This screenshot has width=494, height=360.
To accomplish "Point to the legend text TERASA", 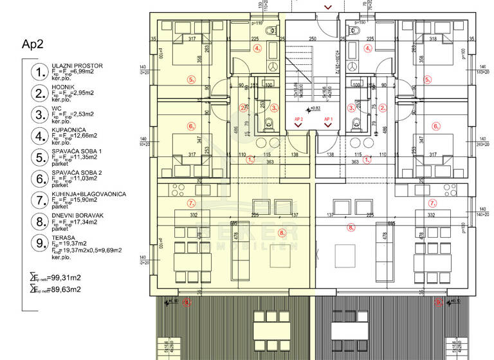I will [x=62, y=237].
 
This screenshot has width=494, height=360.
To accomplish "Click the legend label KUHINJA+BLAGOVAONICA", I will [x=88, y=194].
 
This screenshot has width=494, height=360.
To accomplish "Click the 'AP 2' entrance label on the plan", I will [x=298, y=120].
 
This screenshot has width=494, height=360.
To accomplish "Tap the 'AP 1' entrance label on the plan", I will [x=328, y=120].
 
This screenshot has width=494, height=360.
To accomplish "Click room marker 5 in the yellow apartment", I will [x=190, y=79].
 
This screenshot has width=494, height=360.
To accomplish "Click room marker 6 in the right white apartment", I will [x=436, y=127].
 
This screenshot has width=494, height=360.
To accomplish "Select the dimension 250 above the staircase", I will [x=313, y=39].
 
